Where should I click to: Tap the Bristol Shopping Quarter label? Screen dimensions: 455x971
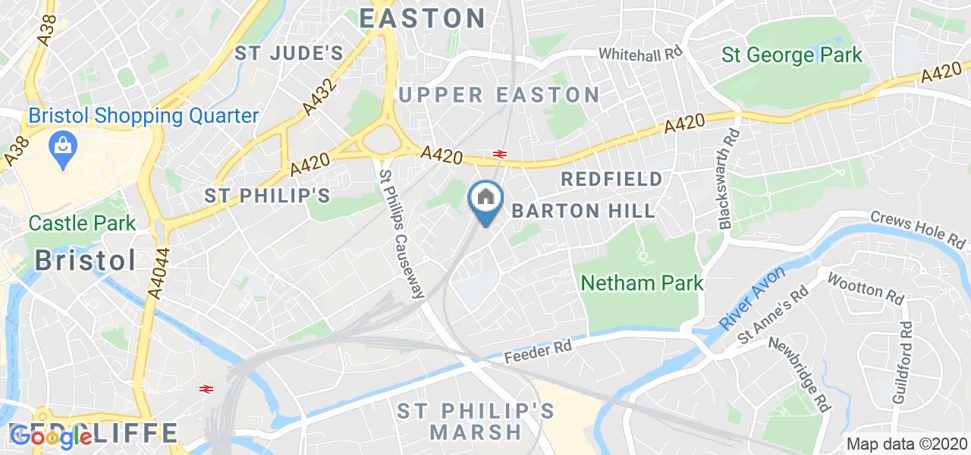(x=144, y=116)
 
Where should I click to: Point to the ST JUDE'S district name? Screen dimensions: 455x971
(x=289, y=53)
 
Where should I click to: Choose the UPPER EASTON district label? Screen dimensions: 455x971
(x=499, y=95)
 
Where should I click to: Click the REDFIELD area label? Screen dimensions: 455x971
(x=611, y=179)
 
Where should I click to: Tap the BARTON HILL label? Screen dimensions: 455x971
(x=583, y=211)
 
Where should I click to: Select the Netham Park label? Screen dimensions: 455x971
(x=642, y=284)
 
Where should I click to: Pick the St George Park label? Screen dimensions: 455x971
(x=792, y=55)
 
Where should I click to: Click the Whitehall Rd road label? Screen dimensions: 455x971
(x=642, y=54)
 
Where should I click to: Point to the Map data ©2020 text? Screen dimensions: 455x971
(x=907, y=444)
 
